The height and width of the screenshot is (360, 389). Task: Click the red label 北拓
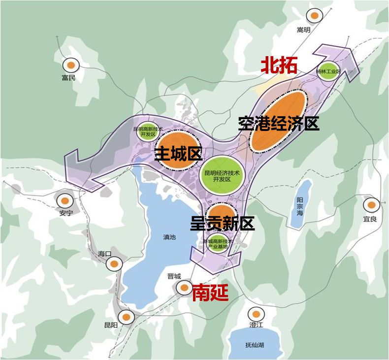[279, 65]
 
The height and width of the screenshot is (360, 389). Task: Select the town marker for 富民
[71, 65]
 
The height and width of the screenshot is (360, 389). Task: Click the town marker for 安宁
[65, 200]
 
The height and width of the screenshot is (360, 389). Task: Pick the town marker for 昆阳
[126, 318]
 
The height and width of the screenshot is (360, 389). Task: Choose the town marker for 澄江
[255, 314]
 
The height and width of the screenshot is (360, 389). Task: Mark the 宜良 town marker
[371, 204]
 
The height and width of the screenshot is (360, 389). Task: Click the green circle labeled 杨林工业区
[328, 71]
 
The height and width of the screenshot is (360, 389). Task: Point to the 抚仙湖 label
[255, 345]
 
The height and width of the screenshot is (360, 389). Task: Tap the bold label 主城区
[179, 154]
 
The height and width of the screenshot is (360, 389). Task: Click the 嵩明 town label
[304, 30]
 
